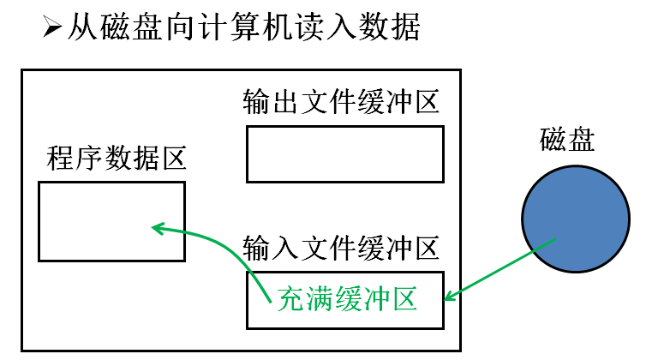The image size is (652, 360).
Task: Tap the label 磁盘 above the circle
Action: pos(567,140)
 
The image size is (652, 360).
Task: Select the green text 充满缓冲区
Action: pos(347,300)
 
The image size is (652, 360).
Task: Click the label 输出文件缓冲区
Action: pos(341,103)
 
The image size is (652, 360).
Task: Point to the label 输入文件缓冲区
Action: pos(341,249)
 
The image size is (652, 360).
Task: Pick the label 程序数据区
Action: pos(117,158)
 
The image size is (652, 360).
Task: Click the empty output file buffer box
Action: pos(344,154)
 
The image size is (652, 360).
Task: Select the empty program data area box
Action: pos(111,221)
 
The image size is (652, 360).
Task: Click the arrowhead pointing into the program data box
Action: pos(158,227)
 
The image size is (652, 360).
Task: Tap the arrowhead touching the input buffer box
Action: pos(448,297)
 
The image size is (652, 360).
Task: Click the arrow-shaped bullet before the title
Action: pos(53,27)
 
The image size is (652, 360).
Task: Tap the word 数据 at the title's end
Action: pos(391,27)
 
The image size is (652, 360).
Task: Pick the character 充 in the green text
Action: pos(292,300)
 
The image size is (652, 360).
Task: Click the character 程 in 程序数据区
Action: pos(60,158)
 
